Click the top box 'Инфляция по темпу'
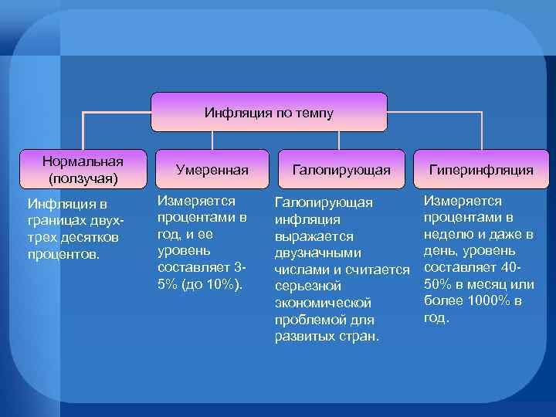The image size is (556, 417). tap(269, 112)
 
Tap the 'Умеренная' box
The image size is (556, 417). tap(212, 169)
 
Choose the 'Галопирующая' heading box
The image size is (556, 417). tap(341, 169)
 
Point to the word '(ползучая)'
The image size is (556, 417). tap(83, 178)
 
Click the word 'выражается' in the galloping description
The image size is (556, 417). tap(314, 236)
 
